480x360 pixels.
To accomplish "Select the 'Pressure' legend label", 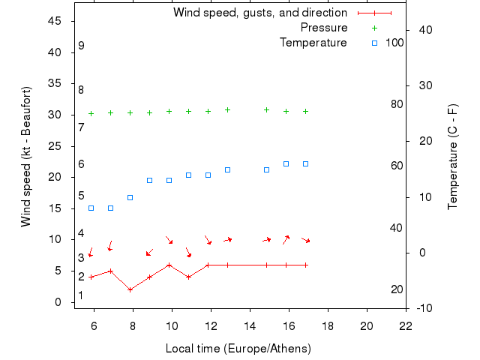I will pos(323,28).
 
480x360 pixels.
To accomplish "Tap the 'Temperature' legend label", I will pos(313,43).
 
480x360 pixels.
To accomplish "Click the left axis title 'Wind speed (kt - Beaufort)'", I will pos(25,156).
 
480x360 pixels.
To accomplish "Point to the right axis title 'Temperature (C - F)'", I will pos(453,156).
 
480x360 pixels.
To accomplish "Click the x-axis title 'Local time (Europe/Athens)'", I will pos(238,349).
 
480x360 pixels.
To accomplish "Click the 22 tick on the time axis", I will pos(406,325).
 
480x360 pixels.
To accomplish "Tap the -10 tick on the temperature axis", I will pos(422,308).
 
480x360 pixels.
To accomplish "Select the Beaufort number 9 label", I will pos(81,46).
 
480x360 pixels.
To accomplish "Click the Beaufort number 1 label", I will pos(81,295).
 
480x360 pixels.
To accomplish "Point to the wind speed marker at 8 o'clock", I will pos(130,289).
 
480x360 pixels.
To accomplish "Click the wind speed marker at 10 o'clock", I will pos(169,265).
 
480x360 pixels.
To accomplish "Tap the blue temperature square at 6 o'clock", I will pos(91,208).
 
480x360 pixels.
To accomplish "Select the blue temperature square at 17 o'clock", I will pos(306,163).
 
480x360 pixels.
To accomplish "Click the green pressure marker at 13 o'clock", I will pos(228,109).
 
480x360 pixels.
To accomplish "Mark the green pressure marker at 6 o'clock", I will pos(91,114).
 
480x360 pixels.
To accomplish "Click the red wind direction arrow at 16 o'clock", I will pos(286,239).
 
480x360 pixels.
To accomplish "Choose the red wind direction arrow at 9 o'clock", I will pos(149,253).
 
